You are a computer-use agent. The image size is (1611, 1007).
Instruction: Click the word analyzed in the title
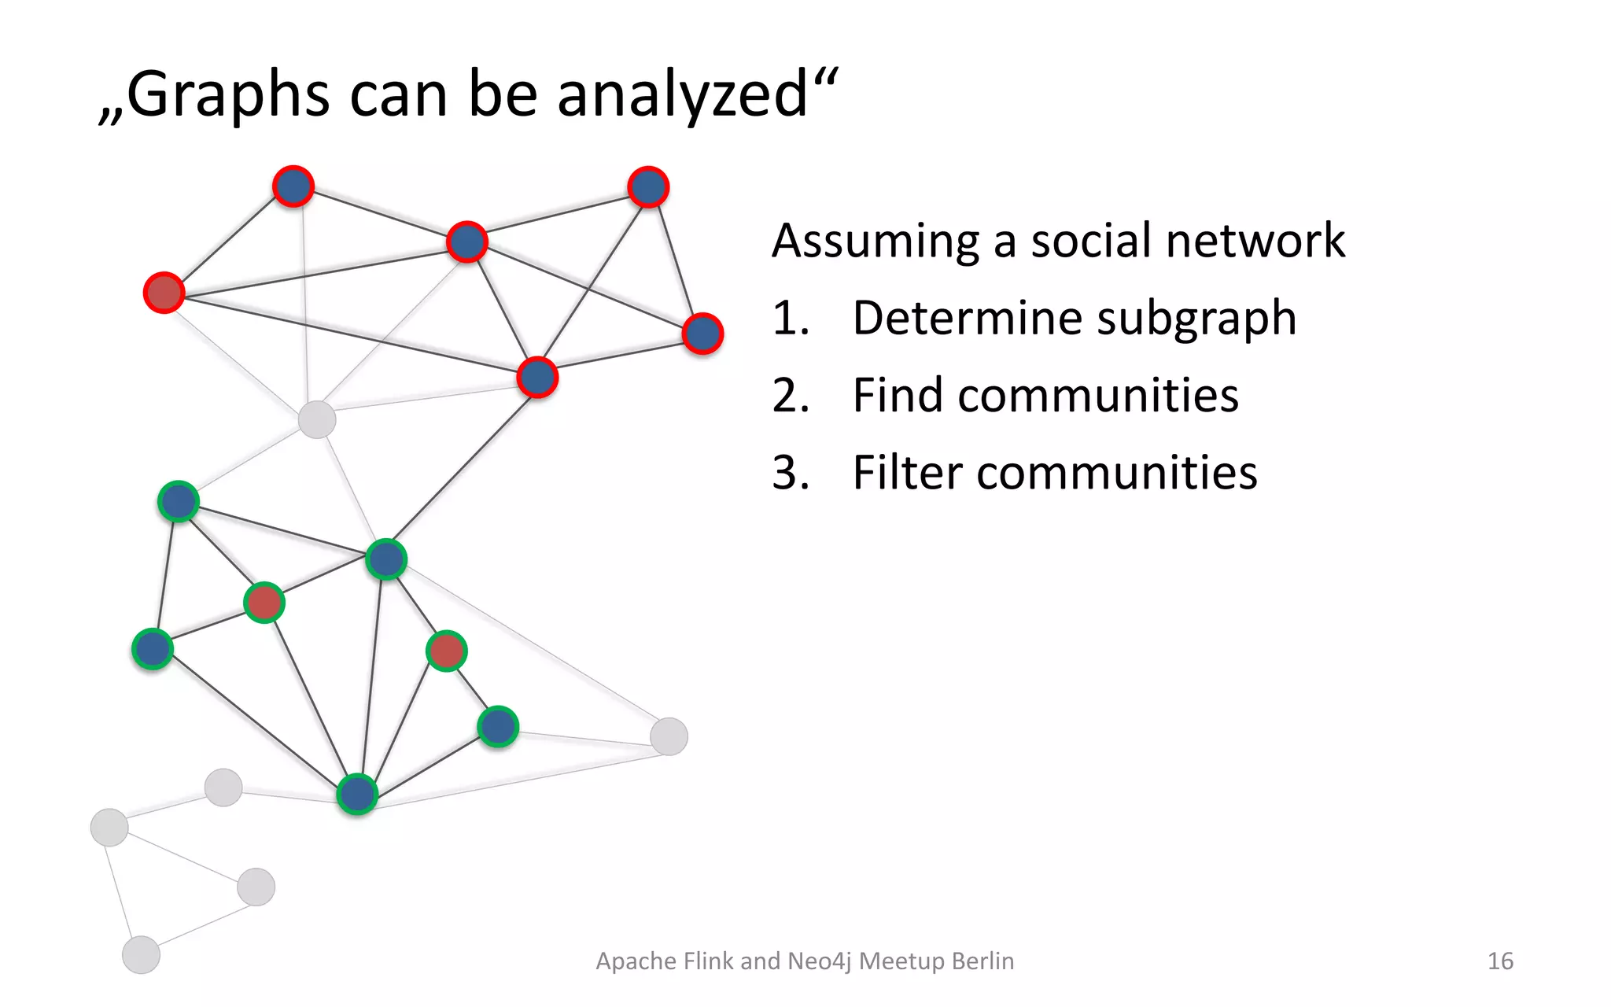683,94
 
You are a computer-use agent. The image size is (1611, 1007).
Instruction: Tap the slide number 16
1500,961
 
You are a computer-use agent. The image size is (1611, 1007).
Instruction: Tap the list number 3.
790,472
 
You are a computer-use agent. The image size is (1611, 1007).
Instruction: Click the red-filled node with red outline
164,293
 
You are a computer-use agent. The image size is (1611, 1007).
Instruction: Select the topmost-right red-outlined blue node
648,187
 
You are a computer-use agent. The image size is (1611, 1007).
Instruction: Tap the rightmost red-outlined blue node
702,334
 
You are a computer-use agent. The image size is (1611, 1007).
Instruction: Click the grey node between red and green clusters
317,419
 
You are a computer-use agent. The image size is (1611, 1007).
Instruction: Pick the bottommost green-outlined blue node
357,794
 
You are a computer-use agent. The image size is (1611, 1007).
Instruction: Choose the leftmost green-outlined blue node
153,649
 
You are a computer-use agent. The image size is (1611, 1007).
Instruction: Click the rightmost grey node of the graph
669,736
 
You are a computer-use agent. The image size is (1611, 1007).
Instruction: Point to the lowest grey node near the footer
142,954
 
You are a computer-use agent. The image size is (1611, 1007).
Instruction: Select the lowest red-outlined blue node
537,378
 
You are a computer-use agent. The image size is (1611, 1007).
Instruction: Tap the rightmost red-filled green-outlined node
446,651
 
